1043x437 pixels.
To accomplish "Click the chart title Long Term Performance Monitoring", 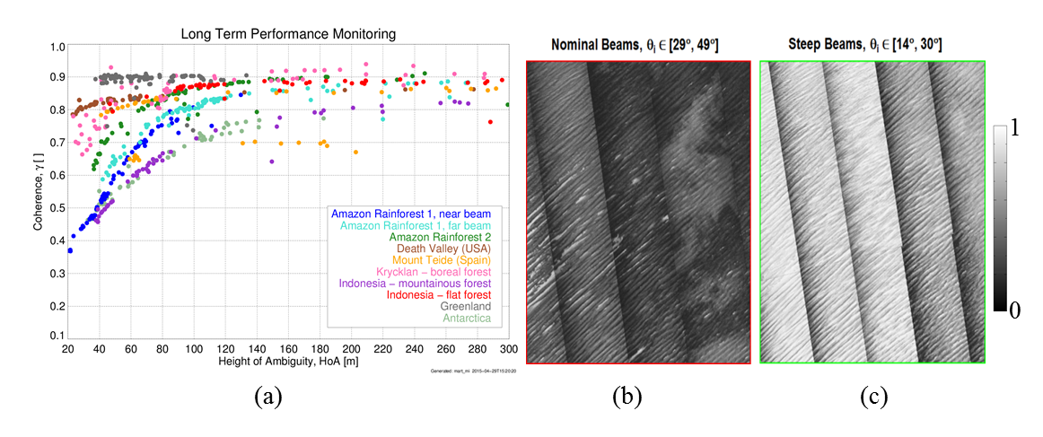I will [288, 34].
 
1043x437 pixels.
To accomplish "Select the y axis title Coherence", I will [38, 190].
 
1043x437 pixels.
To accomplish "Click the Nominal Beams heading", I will [637, 44].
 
